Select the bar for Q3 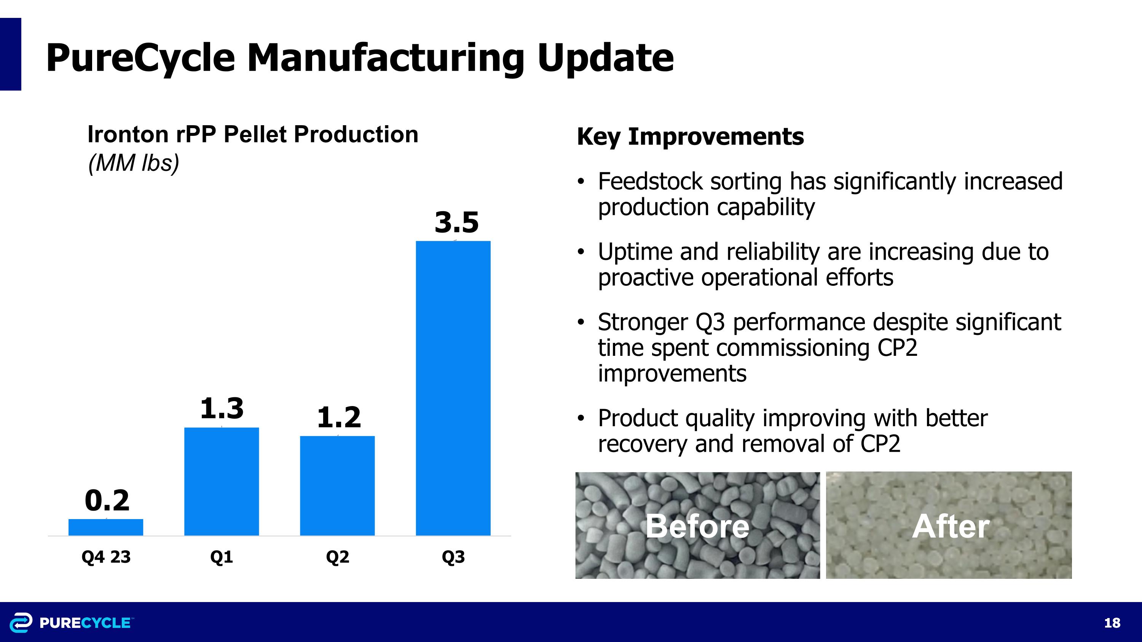pos(453,388)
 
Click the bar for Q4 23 pos(105,527)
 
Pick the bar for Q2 pos(337,486)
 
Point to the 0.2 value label pos(107,501)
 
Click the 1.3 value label pos(222,408)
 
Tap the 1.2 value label pos(339,417)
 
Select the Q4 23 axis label pos(106,557)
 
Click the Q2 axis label pos(337,557)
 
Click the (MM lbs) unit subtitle pos(134,163)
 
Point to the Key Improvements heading pos(690,137)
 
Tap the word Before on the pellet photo pos(697,526)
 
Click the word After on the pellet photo pos(951,526)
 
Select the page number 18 pos(1112,623)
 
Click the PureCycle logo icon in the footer pos(21,622)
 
